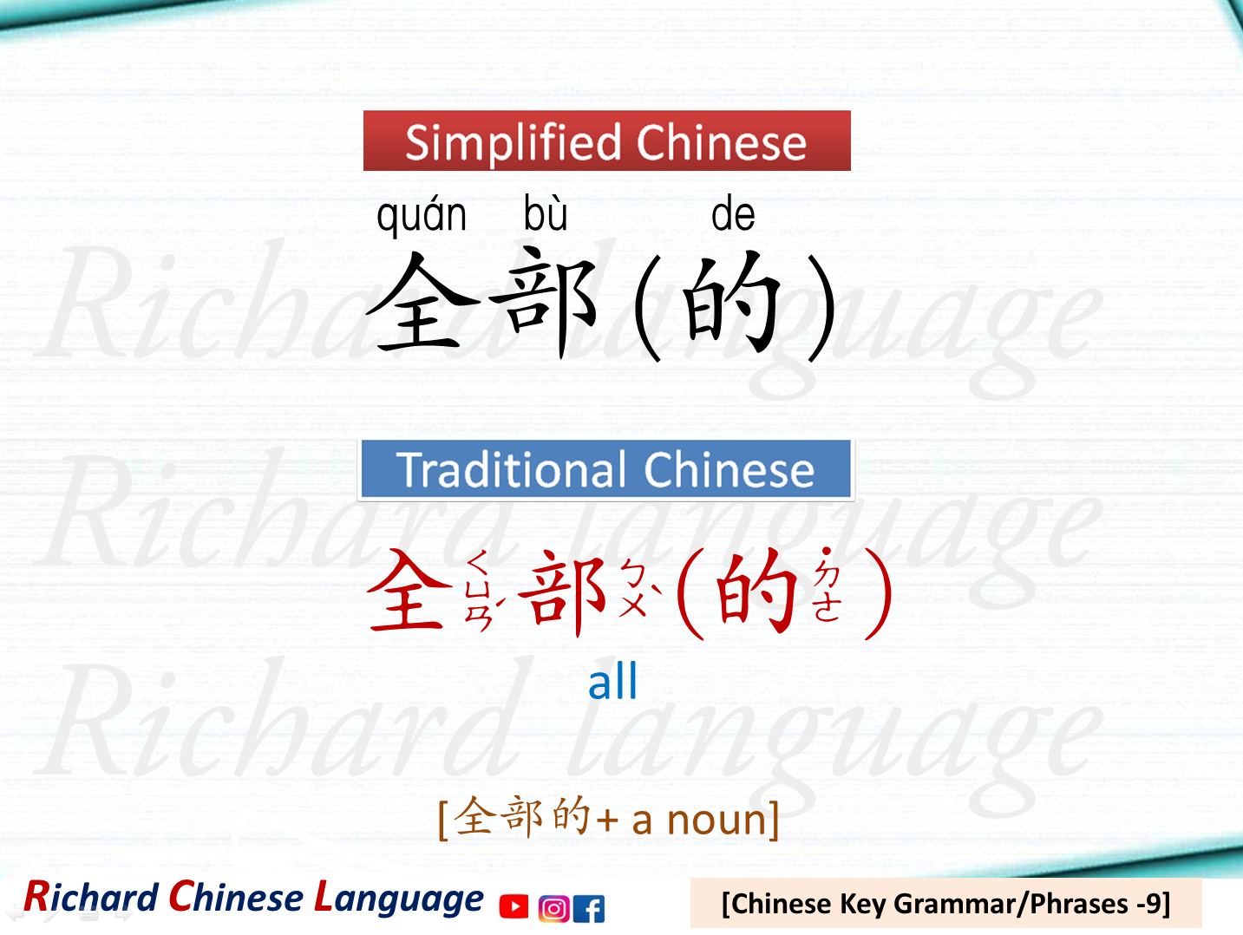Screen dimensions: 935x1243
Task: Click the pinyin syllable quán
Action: [x=422, y=216]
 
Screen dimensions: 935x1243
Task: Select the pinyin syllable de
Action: [x=733, y=214]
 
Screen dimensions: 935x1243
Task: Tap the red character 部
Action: [x=562, y=592]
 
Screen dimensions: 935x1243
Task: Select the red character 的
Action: [x=756, y=592]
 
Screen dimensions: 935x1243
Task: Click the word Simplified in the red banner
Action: [x=514, y=142]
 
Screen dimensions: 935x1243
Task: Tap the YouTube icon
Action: [x=514, y=906]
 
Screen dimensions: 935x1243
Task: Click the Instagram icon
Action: [x=553, y=908]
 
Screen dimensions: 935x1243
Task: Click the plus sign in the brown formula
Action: [x=607, y=821]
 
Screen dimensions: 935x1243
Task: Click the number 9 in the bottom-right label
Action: [x=1152, y=904]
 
